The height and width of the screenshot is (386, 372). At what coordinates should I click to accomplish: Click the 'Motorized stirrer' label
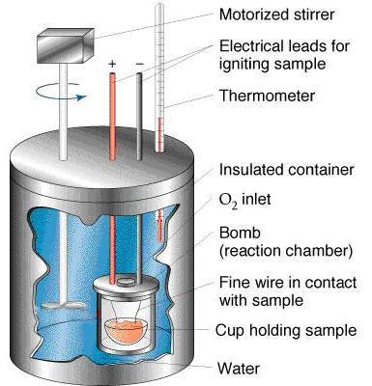pos(276,14)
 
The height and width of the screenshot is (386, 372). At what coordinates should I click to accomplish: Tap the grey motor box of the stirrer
pos(66,46)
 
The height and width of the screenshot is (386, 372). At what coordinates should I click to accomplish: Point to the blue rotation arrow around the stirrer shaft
pos(61,92)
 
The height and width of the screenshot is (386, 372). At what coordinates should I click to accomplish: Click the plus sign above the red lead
pos(112,64)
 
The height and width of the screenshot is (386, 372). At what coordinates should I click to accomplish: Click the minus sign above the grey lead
pos(139,64)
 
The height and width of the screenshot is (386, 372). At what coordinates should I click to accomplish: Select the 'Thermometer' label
pos(267,96)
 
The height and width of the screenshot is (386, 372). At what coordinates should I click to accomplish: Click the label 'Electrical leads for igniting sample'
pos(284,55)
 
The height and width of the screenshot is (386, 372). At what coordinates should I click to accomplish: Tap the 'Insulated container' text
pos(286,170)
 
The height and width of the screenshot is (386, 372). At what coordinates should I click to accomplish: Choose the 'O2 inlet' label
pos(244,200)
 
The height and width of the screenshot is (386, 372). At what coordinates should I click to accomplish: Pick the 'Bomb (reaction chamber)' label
pos(285,242)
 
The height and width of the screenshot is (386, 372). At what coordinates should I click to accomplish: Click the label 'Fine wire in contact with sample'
pos(288,291)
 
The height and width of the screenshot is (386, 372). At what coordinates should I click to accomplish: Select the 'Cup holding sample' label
pos(286,330)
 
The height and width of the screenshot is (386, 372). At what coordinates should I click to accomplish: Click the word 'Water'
pos(239,369)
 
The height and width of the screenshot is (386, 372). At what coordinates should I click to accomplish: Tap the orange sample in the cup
pos(125,331)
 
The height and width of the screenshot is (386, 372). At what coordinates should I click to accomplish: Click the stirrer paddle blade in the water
pos(64,305)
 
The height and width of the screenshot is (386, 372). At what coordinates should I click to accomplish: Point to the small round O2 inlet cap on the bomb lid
pos(125,282)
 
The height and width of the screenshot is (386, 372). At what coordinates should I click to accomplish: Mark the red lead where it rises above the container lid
pos(112,117)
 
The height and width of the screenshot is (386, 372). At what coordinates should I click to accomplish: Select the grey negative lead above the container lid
pos(139,117)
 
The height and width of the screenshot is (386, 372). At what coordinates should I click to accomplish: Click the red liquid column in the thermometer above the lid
pos(159,134)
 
